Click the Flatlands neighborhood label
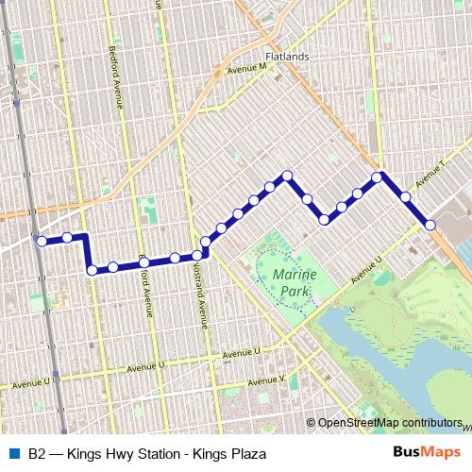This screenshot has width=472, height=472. [287, 57]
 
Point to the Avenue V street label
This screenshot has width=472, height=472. [266, 381]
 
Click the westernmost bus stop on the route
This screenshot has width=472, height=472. [41, 242]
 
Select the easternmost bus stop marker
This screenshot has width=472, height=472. [430, 225]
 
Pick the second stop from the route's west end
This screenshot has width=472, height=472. [68, 237]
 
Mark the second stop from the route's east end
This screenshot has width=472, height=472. [405, 197]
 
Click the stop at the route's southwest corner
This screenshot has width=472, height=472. [92, 270]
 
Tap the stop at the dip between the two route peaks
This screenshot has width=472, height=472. [325, 219]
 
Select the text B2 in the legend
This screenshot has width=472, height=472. [38, 454]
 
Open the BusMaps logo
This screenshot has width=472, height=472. [426, 453]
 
